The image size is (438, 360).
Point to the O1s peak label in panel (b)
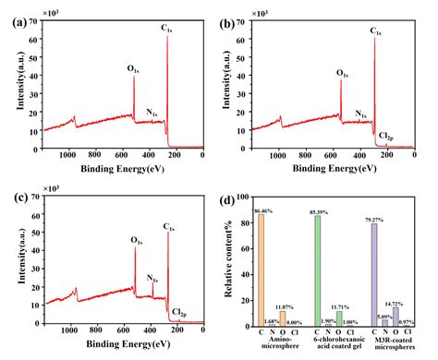(x=342, y=72)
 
